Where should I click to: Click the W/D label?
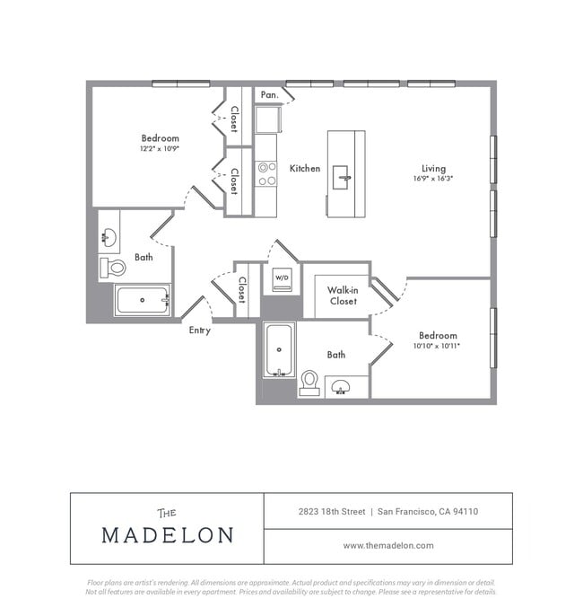282,278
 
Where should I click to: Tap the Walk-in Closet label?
342,295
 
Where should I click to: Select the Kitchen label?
305,168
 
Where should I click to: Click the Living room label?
434,168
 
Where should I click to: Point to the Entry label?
199,330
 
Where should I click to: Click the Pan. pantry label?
269,94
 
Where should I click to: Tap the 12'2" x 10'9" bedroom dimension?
160,149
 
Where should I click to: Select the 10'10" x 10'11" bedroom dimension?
437,346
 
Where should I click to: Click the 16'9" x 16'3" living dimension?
434,179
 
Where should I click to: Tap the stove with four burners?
266,173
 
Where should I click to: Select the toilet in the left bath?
113,267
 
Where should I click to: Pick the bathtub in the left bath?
142,300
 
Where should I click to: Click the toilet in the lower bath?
309,382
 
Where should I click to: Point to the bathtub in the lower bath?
278,350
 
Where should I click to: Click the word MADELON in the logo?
167,535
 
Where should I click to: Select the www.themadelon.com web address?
388,545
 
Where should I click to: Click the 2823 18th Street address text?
332,511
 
